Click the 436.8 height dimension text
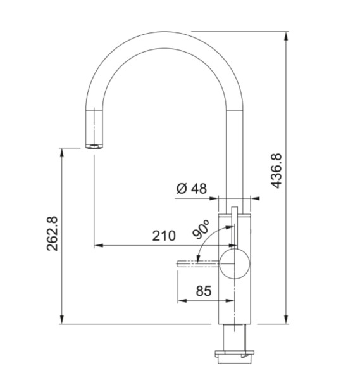[x=276, y=171]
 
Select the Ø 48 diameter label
[x=192, y=188]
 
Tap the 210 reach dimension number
[x=163, y=236]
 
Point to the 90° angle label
[x=202, y=230]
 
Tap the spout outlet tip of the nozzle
[x=94, y=147]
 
